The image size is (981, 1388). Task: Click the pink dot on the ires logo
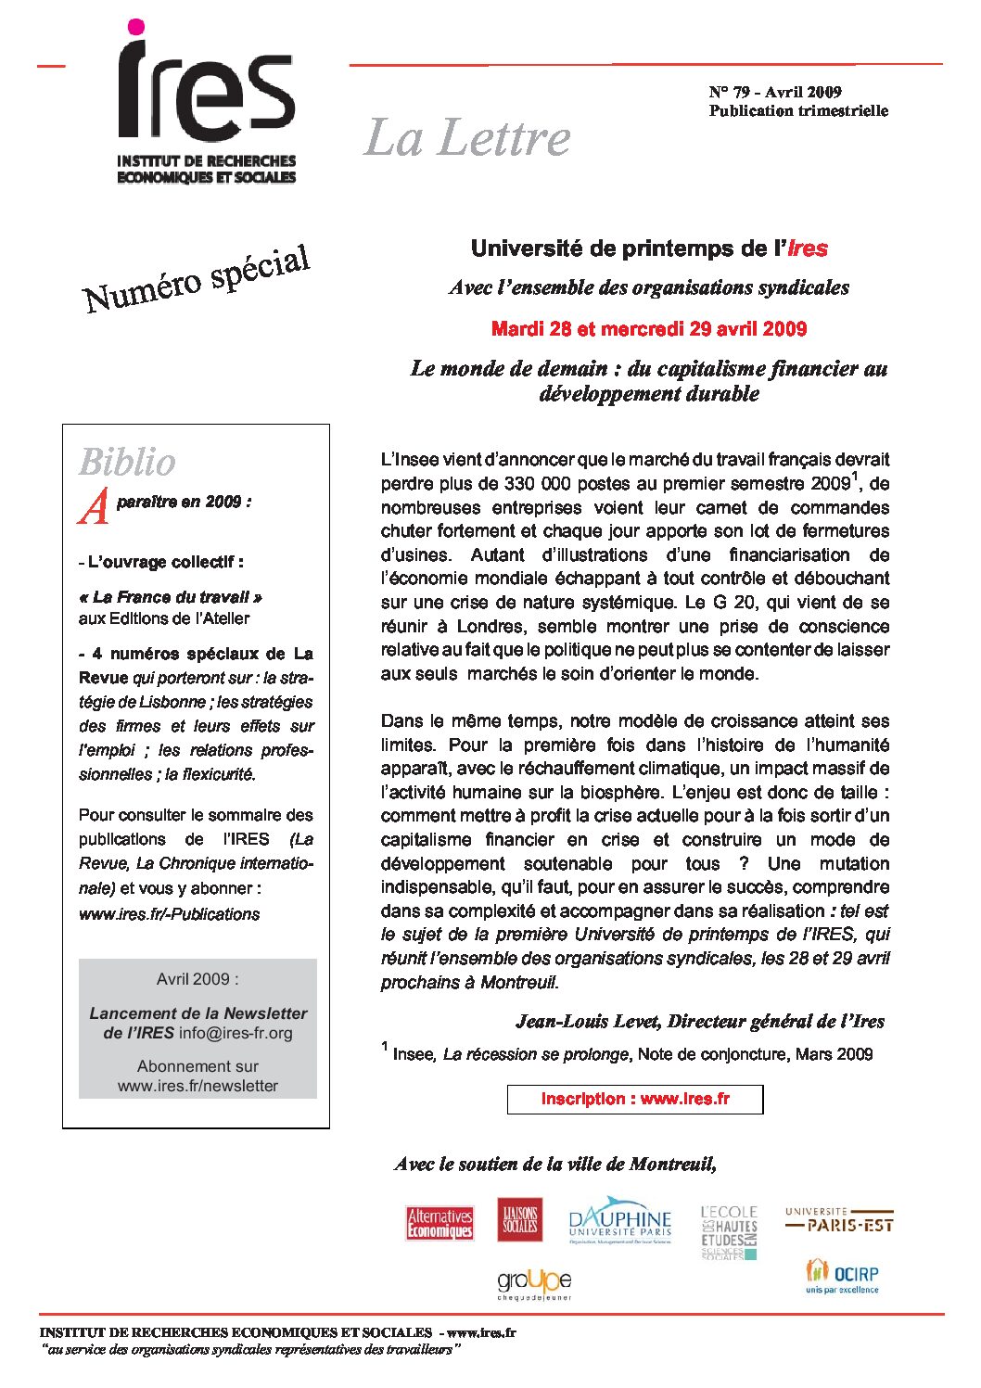click(x=135, y=27)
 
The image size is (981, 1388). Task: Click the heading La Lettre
click(x=467, y=138)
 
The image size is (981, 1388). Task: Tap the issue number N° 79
click(x=729, y=92)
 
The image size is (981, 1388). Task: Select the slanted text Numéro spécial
click(x=196, y=278)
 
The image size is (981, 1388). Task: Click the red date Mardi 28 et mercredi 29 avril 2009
click(x=649, y=329)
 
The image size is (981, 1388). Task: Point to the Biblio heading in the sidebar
click(x=127, y=462)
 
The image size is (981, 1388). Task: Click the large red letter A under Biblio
click(x=94, y=506)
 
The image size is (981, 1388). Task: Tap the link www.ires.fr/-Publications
click(x=169, y=914)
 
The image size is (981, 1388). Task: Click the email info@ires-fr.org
click(x=236, y=1033)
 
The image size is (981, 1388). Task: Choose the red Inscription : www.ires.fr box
click(x=635, y=1099)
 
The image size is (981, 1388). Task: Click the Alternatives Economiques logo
click(x=440, y=1223)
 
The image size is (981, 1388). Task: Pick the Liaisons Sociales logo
click(x=520, y=1220)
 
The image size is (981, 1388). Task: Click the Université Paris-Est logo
click(x=839, y=1219)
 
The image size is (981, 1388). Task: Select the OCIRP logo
click(x=842, y=1276)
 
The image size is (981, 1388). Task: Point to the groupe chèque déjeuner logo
click(x=534, y=1282)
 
